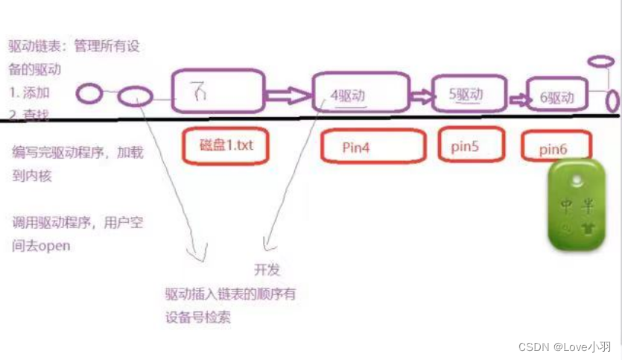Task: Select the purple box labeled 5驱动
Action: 467,95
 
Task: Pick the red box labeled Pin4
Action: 372,147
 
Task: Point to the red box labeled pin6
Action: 556,148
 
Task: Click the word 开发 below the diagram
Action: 267,270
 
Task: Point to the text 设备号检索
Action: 198,317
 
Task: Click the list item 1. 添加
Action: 30,93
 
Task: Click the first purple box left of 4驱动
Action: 218,92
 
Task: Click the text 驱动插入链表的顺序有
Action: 230,294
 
